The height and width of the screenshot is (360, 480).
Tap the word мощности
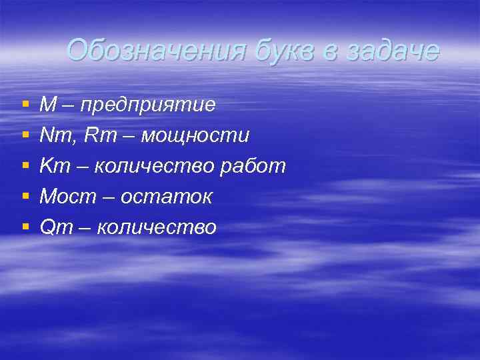coord(195,136)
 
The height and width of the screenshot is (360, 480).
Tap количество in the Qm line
coord(157,228)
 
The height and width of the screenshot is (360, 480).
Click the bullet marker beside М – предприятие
coord(25,105)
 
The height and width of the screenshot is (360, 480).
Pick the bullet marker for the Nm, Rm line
coord(25,136)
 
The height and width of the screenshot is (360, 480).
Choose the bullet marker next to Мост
coord(25,197)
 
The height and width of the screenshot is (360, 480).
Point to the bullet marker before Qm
coord(25,228)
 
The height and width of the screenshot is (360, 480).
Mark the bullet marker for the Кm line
coord(25,167)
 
